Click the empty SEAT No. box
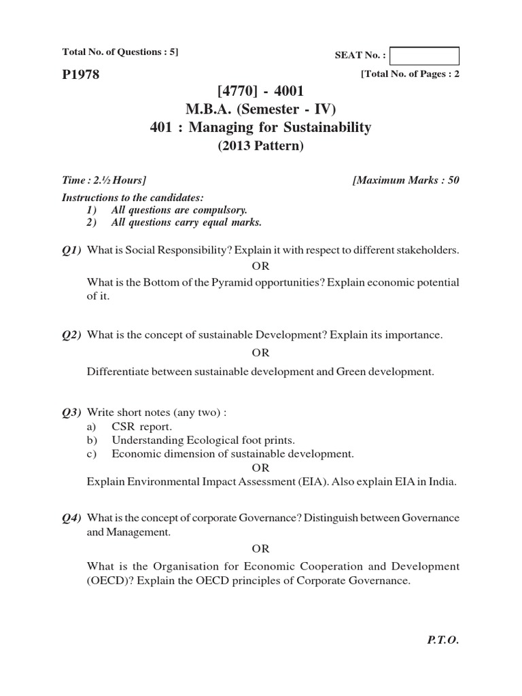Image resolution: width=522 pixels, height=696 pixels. click(425, 56)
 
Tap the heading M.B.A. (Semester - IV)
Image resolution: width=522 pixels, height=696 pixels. click(261, 109)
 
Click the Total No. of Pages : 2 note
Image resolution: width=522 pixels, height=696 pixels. click(410, 75)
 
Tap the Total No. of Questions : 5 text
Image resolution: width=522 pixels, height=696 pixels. click(120, 52)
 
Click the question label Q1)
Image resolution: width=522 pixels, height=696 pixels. click(71, 251)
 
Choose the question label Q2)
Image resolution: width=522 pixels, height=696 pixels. click(71, 335)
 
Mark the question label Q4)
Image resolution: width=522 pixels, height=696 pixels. click(71, 518)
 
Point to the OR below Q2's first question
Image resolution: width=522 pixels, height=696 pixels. click(261, 353)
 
